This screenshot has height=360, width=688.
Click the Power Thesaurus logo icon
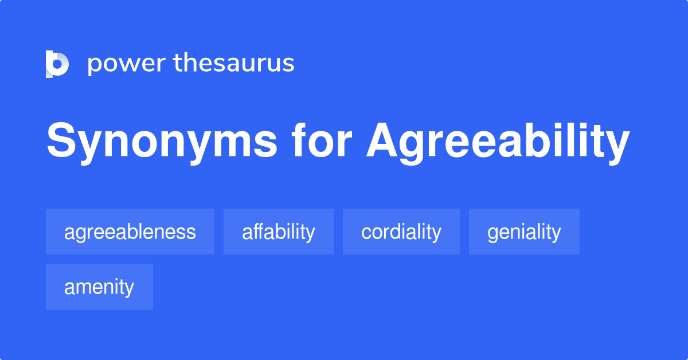point(57,63)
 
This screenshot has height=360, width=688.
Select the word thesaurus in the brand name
point(234,63)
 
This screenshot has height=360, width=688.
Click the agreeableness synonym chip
point(130,232)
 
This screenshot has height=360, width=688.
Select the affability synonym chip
point(279,232)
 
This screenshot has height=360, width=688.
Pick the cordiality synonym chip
point(401,232)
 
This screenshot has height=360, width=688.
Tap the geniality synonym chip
point(524,232)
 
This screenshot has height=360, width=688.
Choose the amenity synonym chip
point(99,287)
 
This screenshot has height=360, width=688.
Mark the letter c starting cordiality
point(365,233)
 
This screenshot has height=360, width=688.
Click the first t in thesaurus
point(178,63)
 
